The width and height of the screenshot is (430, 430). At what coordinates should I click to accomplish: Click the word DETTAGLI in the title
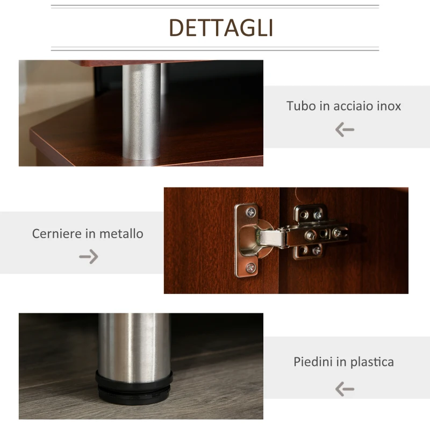(221, 27)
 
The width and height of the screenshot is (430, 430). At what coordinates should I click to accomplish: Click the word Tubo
(300, 106)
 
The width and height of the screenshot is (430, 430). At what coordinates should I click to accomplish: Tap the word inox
(388, 106)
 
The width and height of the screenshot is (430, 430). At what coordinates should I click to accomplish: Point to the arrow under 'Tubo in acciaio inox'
(345, 130)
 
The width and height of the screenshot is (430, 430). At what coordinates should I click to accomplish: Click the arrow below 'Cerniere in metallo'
(89, 257)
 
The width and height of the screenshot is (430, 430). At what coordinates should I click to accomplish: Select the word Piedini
(313, 362)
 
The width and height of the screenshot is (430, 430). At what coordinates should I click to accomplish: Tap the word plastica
(372, 362)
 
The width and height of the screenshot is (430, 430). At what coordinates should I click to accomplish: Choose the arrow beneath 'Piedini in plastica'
(345, 389)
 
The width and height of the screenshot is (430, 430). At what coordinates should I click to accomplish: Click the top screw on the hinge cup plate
(250, 212)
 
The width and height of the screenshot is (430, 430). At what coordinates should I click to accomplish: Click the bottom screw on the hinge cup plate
(250, 267)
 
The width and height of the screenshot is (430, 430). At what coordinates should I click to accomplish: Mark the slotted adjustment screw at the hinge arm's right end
(336, 233)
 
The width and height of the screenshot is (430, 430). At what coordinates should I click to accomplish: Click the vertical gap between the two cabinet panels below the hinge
(279, 274)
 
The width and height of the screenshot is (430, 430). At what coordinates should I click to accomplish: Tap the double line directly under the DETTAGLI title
(215, 49)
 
